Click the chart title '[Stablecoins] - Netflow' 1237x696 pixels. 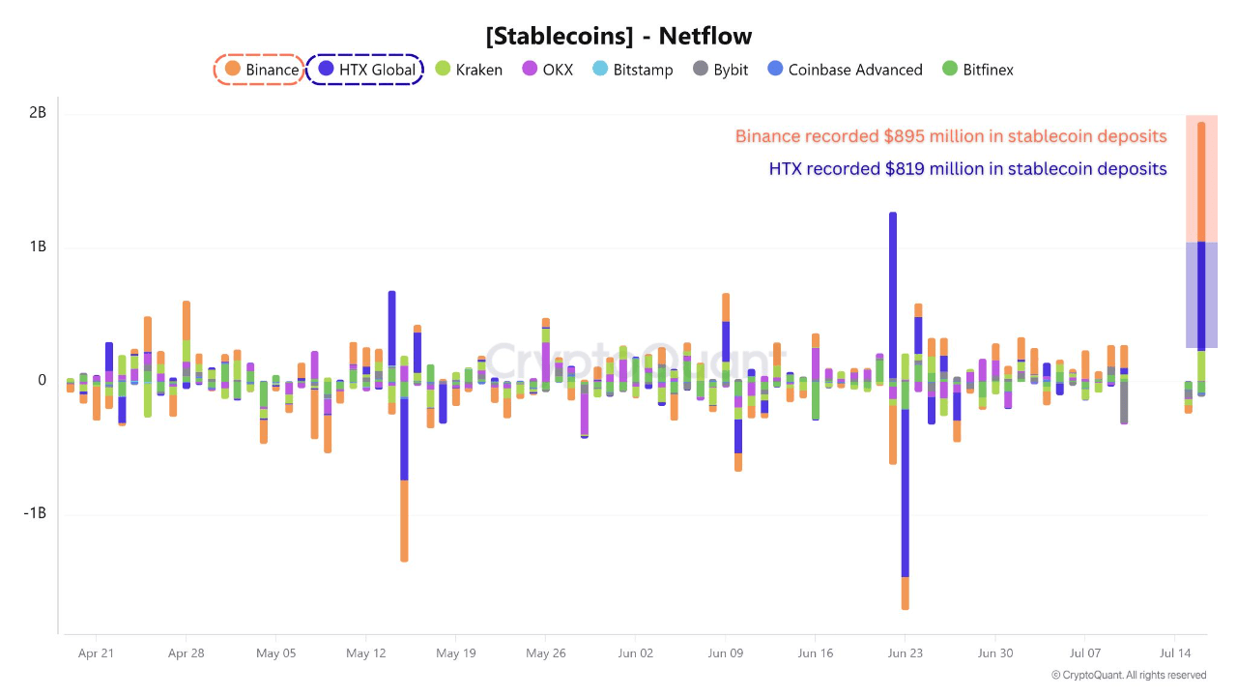(x=618, y=37)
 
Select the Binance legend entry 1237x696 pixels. (x=260, y=70)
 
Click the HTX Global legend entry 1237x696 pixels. (x=366, y=70)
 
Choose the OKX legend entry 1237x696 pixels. (x=547, y=70)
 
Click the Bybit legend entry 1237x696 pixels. (x=720, y=70)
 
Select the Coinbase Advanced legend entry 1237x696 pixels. (x=844, y=70)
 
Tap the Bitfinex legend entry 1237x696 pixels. (x=977, y=70)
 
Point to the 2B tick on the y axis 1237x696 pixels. (x=38, y=113)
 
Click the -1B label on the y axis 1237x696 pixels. (x=35, y=513)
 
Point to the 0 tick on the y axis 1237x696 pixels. (x=42, y=380)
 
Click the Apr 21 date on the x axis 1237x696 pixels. (x=96, y=653)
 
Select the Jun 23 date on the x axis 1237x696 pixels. (x=906, y=653)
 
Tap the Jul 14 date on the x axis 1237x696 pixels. (x=1175, y=653)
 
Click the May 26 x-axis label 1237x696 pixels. (x=545, y=653)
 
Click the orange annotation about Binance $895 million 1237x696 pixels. (x=951, y=136)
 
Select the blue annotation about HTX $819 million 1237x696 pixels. (x=967, y=169)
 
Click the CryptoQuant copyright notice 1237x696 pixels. (x=1129, y=675)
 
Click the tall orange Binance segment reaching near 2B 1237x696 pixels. (x=1201, y=181)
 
